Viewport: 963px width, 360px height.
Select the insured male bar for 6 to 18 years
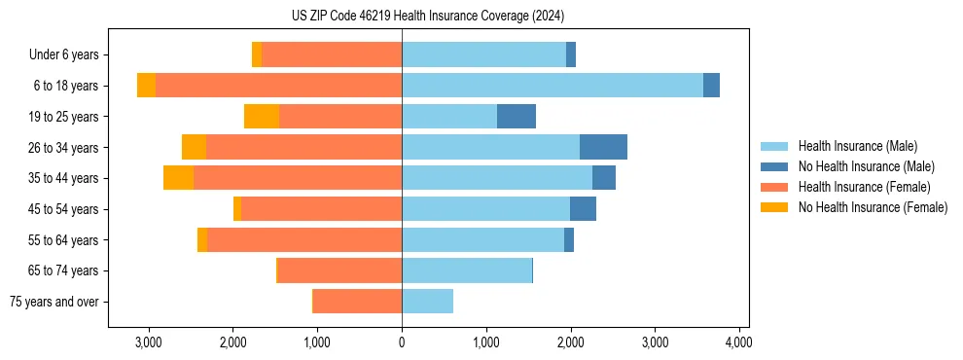(552, 86)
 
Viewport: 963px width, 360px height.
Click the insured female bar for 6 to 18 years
(278, 86)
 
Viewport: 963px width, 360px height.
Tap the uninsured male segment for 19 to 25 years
(517, 117)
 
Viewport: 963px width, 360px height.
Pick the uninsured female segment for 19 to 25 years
(262, 117)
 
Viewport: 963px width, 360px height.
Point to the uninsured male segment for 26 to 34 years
(603, 147)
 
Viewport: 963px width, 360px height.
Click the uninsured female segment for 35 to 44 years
(178, 178)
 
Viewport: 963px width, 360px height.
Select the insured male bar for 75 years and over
(427, 302)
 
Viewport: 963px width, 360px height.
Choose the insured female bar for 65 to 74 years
(339, 270)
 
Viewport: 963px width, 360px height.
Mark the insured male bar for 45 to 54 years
(485, 209)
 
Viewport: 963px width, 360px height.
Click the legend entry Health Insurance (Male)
(857, 146)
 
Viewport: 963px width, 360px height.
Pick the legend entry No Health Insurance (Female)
(873, 207)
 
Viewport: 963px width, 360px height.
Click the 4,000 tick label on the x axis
(738, 342)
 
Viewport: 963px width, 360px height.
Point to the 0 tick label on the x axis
(402, 342)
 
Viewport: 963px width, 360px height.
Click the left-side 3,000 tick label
(148, 342)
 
